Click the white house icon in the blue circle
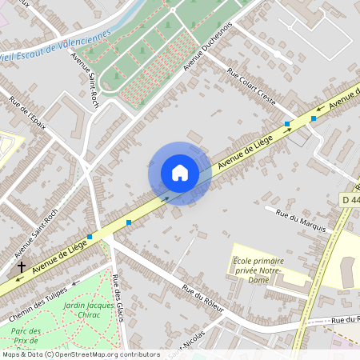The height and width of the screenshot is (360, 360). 180,173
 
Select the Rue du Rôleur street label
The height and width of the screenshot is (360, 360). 202,298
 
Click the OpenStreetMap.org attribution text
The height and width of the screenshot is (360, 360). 104,354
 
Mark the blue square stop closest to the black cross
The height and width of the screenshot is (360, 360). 90,237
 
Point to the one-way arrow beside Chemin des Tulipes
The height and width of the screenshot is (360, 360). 75,282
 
